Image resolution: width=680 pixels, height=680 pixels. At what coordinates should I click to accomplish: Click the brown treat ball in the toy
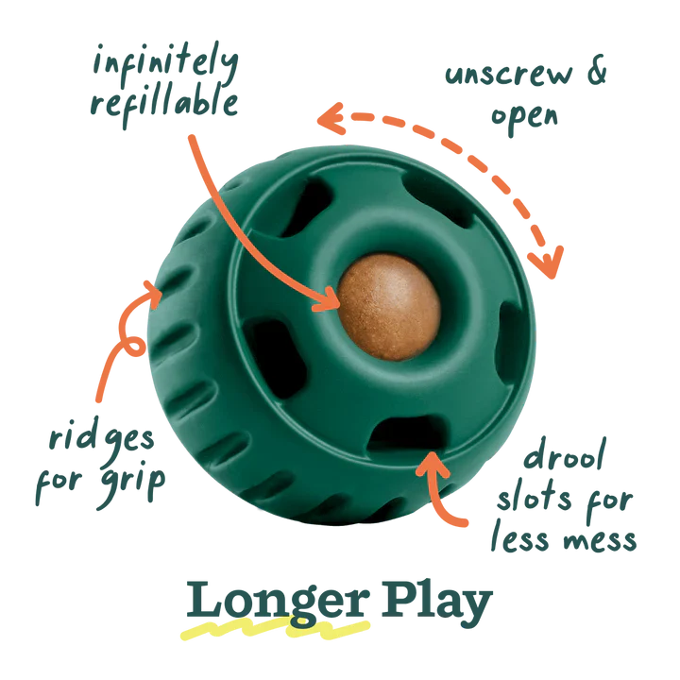coord(389,307)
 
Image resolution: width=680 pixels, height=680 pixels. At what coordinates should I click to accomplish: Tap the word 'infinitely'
coord(165,64)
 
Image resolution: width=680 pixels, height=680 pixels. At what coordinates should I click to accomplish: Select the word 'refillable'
coord(164,104)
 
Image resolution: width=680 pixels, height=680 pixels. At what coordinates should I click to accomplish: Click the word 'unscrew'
coord(509,75)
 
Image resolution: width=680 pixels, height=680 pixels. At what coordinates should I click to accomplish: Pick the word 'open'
coord(524,117)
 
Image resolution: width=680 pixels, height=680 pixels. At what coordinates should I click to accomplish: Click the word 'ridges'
coord(101,439)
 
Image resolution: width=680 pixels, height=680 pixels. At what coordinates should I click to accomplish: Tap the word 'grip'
coord(132,484)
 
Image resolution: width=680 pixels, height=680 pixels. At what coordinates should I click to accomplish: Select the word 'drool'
coord(565,454)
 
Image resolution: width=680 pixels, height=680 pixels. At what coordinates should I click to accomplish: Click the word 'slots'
coord(534,498)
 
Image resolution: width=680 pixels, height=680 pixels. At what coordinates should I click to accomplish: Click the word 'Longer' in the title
coord(278,603)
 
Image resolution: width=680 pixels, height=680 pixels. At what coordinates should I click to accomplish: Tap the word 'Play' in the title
coord(436,603)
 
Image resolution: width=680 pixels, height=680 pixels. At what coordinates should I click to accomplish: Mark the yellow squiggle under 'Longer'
coord(275,629)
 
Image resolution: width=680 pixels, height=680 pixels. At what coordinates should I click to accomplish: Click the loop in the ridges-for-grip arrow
coord(133,346)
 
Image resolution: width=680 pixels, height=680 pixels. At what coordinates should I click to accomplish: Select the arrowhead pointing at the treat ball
coord(328,299)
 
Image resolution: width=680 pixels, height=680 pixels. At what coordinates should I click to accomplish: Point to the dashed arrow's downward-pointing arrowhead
coord(547,263)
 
